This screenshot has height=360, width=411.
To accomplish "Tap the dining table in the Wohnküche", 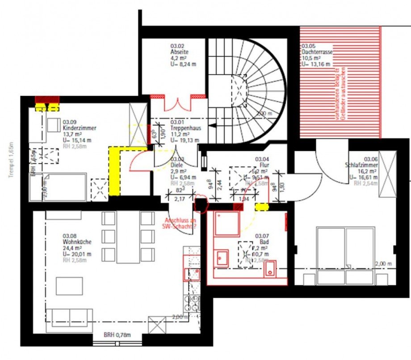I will tap(128, 237).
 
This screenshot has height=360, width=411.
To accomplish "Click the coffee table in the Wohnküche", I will tap(69, 286).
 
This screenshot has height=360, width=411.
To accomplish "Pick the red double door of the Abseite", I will tap(178, 103).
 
